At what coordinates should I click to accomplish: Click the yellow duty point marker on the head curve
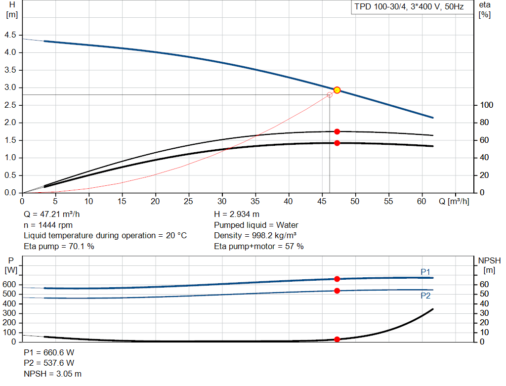point(337,90)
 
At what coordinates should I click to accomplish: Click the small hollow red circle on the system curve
point(330,95)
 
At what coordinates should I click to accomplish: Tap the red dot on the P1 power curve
point(337,279)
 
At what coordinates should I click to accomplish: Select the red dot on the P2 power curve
point(337,291)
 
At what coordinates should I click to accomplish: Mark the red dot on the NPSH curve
point(337,339)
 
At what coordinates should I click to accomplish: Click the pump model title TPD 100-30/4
point(380,7)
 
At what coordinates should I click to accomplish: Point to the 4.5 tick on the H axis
point(10,35)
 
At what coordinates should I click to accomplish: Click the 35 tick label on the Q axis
point(255,201)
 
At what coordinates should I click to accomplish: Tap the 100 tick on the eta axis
point(486,105)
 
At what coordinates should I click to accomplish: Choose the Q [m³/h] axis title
point(454,201)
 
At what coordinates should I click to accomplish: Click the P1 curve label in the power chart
point(425,272)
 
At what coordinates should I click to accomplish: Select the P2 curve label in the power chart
point(425,296)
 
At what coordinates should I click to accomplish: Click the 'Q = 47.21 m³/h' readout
point(51,214)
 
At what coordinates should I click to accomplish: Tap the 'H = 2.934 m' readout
point(237,214)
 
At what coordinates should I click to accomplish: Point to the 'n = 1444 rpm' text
point(48,225)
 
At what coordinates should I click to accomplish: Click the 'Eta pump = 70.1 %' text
point(59,246)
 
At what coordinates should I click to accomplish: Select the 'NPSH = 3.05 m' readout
point(52,374)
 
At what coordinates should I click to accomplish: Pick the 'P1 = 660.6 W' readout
point(49,352)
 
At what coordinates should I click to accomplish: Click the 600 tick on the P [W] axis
point(9,284)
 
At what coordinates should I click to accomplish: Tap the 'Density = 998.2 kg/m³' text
point(255,236)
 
